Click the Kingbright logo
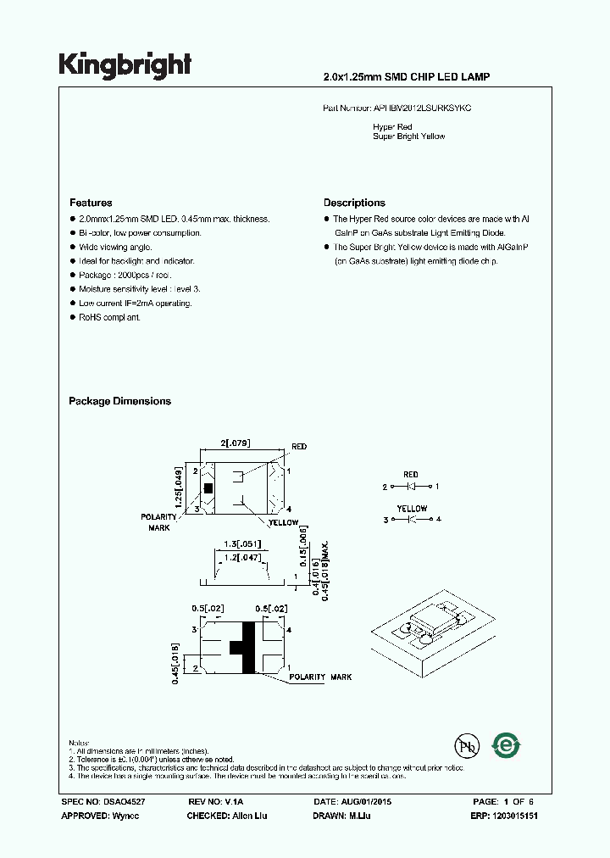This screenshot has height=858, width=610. click(125, 65)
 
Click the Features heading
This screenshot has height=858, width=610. click(91, 203)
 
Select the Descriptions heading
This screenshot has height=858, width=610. click(354, 203)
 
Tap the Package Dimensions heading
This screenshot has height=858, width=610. click(119, 401)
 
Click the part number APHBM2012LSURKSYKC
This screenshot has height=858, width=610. click(423, 109)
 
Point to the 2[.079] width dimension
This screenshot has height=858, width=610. click(236, 443)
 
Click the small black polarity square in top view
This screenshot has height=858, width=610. click(208, 487)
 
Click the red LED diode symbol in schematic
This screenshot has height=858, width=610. click(410, 487)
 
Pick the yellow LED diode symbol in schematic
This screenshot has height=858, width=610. click(410, 519)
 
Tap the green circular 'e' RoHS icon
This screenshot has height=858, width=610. click(507, 745)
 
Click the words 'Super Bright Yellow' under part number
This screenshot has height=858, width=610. click(409, 136)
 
